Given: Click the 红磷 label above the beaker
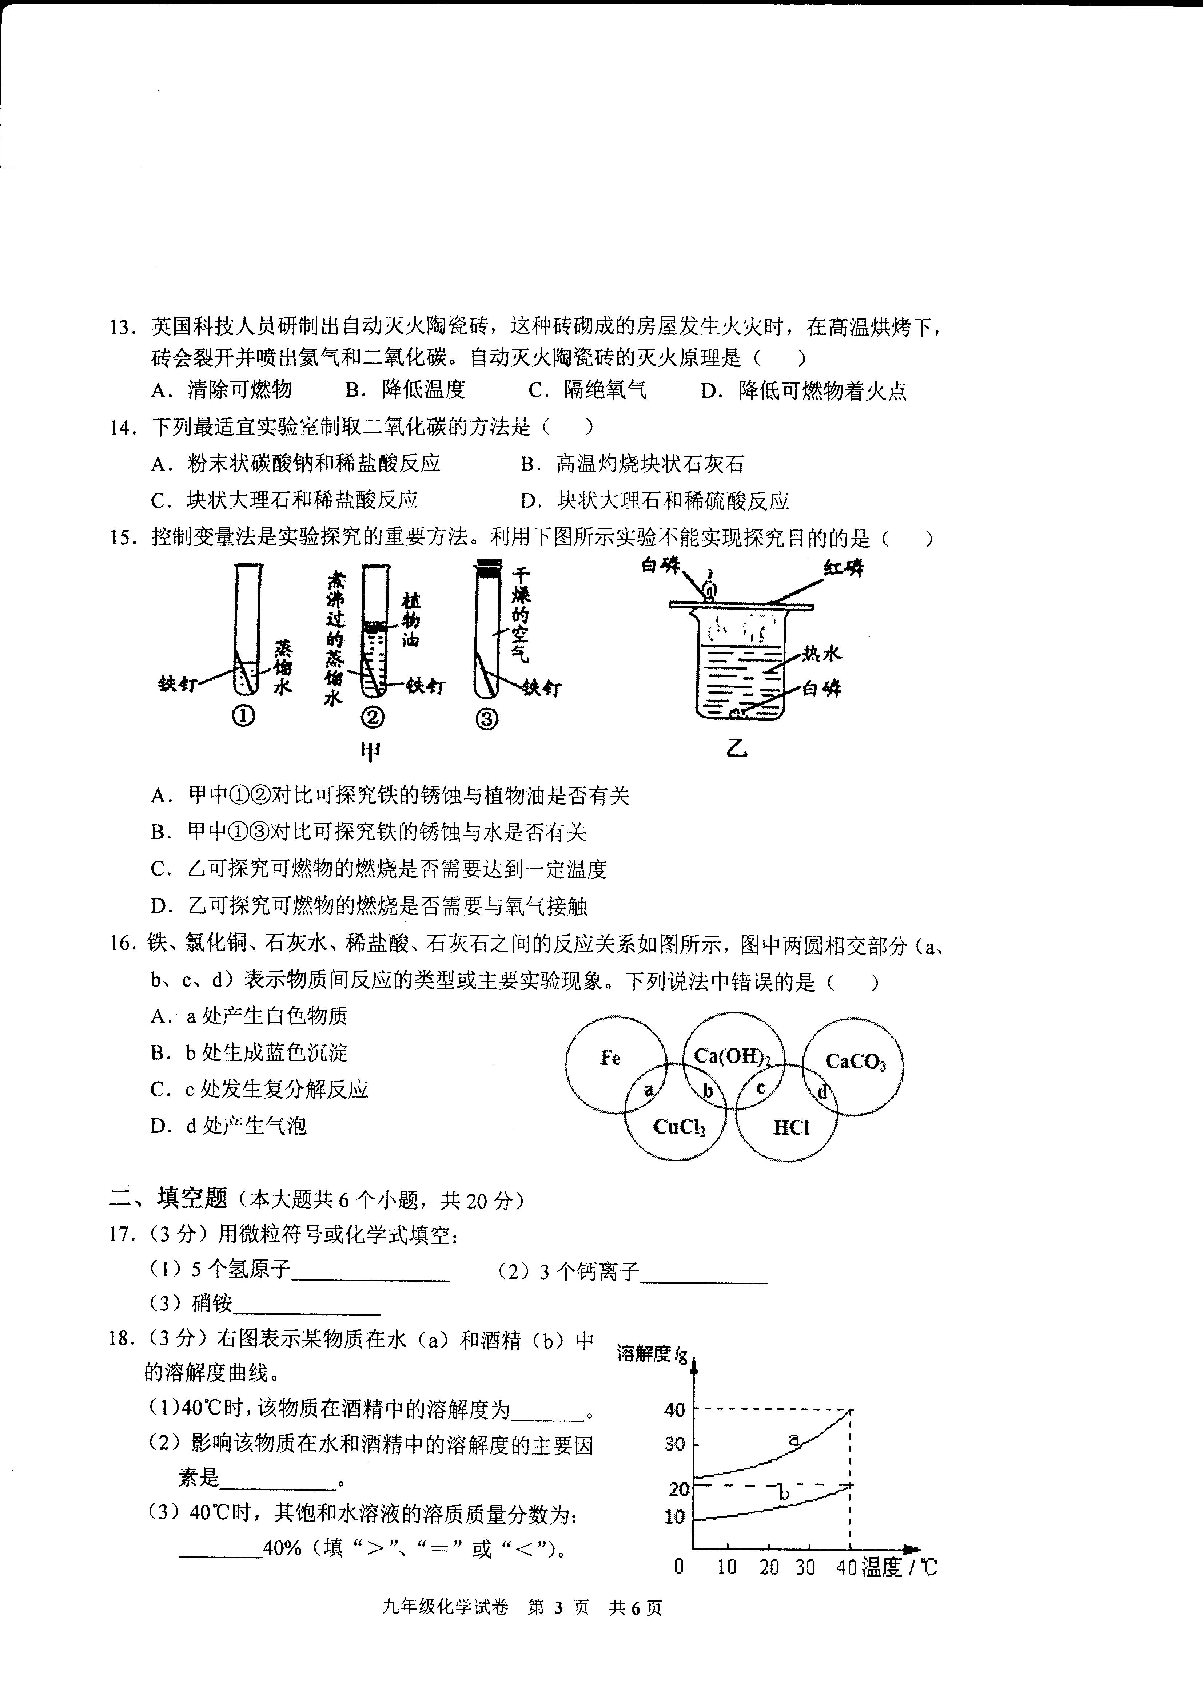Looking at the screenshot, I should pos(844,568).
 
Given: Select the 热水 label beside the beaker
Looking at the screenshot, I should pos(821,653).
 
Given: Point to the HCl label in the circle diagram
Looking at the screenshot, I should pos(791,1127).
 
